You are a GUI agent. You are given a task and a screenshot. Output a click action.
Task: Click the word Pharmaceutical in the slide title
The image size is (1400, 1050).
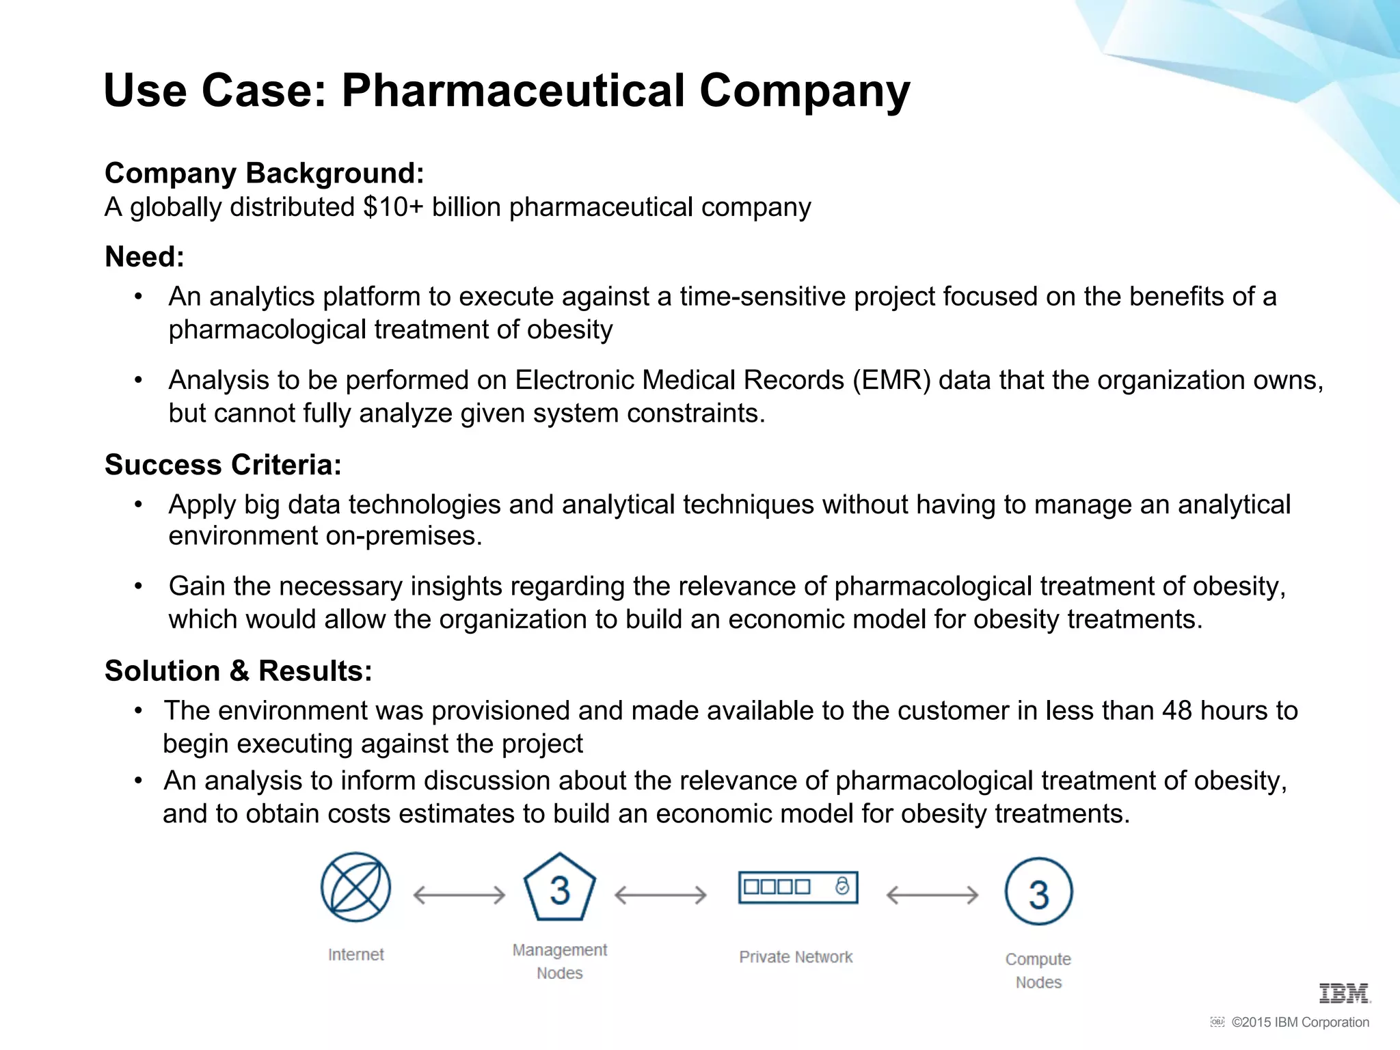(x=513, y=90)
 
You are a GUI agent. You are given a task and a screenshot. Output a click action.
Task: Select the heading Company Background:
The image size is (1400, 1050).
(x=265, y=173)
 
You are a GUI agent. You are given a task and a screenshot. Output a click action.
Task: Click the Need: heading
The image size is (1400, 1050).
(x=144, y=257)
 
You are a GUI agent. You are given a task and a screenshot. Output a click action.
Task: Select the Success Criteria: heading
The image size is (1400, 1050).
(x=223, y=465)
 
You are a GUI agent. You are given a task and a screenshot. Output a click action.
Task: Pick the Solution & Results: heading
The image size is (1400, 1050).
(x=238, y=671)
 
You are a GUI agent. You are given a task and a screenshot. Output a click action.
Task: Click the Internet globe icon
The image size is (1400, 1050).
(x=355, y=887)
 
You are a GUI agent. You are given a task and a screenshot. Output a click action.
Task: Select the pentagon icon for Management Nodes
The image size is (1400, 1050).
(x=560, y=889)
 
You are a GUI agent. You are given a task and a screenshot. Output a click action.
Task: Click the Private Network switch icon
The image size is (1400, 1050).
(x=798, y=887)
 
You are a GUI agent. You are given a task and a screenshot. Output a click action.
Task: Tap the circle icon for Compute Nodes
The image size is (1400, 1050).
(x=1038, y=891)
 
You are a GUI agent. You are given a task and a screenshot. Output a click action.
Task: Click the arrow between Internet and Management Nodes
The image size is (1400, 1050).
(x=459, y=895)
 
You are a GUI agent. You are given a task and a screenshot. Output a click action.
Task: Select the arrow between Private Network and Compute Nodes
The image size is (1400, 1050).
(x=932, y=895)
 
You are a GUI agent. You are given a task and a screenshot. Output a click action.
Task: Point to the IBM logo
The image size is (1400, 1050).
(x=1344, y=993)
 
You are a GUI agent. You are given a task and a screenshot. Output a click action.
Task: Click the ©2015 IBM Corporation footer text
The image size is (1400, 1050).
(x=1300, y=1023)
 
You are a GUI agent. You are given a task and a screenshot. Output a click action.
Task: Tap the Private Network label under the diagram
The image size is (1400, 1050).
(x=796, y=957)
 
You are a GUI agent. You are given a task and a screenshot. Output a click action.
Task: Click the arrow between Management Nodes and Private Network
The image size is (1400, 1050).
(x=660, y=895)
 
